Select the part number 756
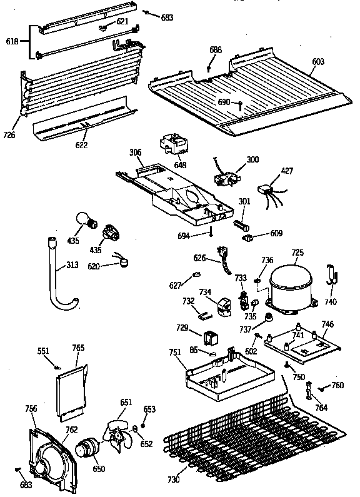tap(30, 409)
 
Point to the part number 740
tap(331, 303)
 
